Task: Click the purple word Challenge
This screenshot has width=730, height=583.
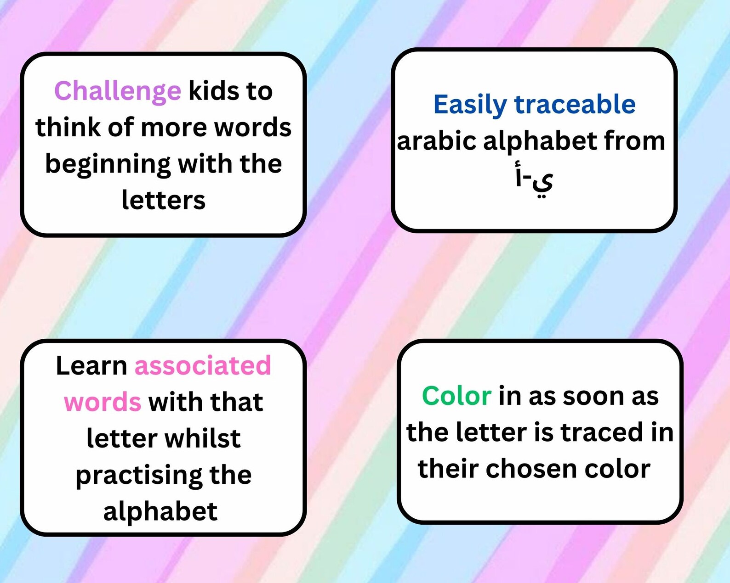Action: [x=118, y=91]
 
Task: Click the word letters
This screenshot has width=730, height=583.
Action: [x=163, y=200]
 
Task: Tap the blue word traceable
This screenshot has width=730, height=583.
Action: [x=575, y=104]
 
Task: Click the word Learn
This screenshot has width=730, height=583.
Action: [x=91, y=366]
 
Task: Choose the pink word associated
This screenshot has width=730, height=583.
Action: [x=203, y=366]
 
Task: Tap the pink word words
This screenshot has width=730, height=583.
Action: [x=103, y=402]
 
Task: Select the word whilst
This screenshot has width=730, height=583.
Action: [x=203, y=438]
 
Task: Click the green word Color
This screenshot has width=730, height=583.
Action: [x=456, y=396]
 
